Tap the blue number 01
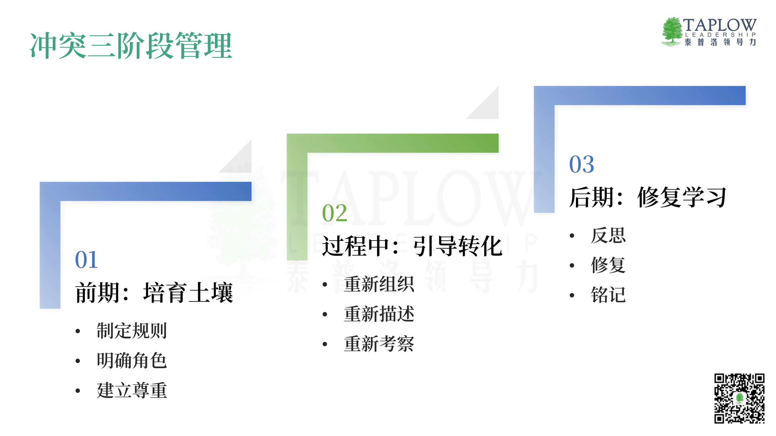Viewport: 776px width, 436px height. tap(86, 260)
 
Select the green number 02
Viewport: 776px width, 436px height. tap(334, 213)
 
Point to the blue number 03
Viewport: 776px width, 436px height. tap(581, 164)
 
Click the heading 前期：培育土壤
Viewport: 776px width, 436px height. tap(154, 292)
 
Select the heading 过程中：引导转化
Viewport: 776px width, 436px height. tap(412, 246)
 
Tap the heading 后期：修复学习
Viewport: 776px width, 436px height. tap(647, 197)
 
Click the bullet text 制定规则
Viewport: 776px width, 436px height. tap(132, 331)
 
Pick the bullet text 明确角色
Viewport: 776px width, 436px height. tap(132, 361)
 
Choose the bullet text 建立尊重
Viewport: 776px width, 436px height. tap(132, 391)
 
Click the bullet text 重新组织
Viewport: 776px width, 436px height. tap(379, 284)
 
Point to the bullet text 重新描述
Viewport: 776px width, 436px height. tap(379, 314)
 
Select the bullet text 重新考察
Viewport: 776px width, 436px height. tap(379, 344)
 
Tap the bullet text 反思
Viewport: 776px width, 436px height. tap(608, 235)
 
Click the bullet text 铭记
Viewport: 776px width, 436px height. tap(608, 295)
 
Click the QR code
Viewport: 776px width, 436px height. tap(739, 398)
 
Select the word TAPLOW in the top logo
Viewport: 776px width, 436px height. tap(720, 25)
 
